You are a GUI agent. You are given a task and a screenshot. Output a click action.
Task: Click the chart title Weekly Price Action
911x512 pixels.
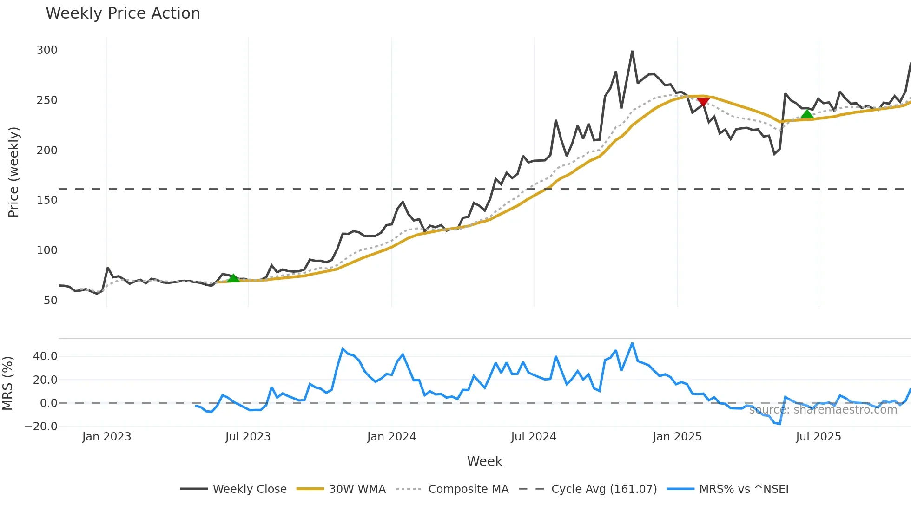[x=123, y=13]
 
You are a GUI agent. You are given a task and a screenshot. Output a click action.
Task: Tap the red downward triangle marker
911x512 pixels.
[x=703, y=102]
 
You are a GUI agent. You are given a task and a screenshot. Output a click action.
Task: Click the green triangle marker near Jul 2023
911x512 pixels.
[x=233, y=278]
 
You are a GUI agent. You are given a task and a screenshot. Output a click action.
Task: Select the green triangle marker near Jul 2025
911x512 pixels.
[x=807, y=114]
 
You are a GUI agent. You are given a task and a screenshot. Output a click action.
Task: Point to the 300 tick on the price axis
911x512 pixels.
[x=47, y=50]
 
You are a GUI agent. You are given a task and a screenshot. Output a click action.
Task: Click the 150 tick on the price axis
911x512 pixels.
[x=47, y=200]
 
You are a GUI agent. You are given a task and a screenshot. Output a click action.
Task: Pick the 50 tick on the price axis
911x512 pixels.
[x=50, y=301]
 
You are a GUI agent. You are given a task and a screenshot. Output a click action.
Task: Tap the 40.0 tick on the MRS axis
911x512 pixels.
[x=45, y=356]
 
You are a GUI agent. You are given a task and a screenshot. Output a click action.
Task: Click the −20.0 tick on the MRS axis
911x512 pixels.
[x=41, y=427]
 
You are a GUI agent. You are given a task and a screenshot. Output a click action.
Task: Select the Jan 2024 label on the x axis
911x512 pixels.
[x=391, y=437]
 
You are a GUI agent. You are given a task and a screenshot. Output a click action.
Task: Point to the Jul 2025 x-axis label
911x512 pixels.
[x=819, y=437]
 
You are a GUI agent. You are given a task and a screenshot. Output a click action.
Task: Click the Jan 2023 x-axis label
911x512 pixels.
[x=106, y=437]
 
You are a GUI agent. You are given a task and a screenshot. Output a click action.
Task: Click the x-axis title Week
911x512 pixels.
[x=484, y=461]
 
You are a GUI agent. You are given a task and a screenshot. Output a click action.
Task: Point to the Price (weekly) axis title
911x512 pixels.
[x=13, y=172]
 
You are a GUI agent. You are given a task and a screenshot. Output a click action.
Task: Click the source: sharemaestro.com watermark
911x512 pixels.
[x=823, y=410]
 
